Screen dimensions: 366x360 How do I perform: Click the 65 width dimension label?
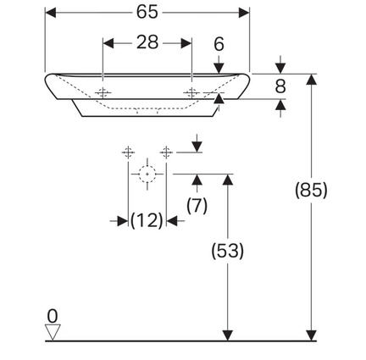tap(147, 13)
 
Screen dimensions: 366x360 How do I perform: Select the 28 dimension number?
tap(147, 42)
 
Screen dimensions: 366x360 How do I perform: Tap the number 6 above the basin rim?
tap(219, 44)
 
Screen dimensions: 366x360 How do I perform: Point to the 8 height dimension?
tap(280, 86)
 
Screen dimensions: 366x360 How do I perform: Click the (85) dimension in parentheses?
tap(311, 190)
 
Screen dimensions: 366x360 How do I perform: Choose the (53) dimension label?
tap(227, 251)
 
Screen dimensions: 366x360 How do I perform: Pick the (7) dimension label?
tap(197, 205)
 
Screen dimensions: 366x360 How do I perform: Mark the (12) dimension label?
tap(147, 220)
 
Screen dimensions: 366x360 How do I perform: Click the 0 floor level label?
tap(53, 316)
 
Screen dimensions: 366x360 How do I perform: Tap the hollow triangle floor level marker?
tap(53, 332)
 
